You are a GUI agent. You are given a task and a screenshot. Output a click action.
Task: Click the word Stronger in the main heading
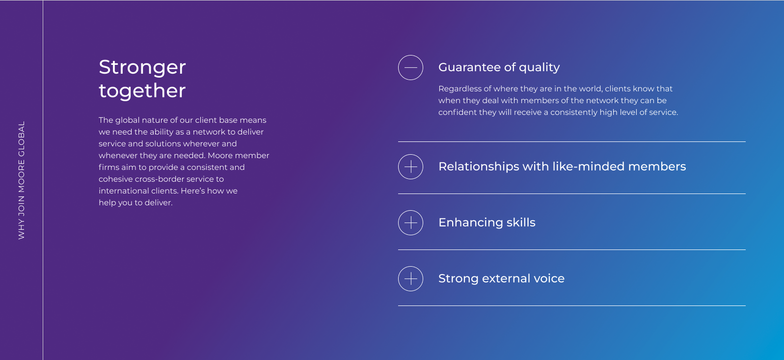142,67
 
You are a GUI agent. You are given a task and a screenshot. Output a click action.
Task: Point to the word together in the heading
142,91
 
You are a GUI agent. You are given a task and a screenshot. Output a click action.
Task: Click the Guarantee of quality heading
499,67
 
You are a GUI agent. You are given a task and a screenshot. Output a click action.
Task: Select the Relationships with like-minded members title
562,166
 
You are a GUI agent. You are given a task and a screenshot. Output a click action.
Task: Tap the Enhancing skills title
487,222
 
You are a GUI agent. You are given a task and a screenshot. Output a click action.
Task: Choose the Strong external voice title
501,278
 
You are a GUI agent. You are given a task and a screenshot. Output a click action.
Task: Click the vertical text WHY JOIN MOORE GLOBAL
21,180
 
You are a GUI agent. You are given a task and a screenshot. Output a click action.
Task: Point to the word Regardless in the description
460,89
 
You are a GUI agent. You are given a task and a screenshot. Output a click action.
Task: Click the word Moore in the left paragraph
219,156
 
